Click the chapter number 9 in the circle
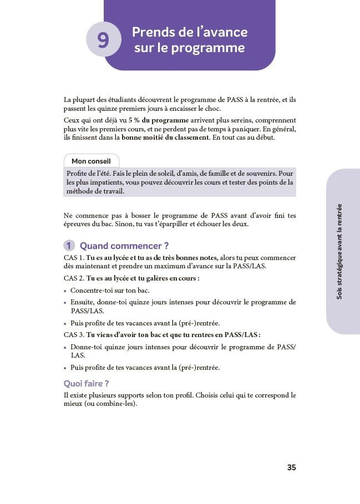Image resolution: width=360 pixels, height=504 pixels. [x=103, y=40]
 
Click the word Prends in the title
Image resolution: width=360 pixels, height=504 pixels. [x=151, y=32]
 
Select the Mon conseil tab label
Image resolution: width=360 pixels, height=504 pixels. [x=91, y=161]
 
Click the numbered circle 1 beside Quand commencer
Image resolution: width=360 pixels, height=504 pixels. [x=69, y=246]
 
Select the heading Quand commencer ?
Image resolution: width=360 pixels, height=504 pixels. [x=124, y=246]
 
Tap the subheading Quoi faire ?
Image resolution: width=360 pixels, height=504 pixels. [x=86, y=383]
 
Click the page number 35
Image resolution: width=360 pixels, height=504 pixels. [x=291, y=467]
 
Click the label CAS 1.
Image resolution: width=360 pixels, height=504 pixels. [x=73, y=258]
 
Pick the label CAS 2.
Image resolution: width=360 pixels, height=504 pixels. [x=73, y=278]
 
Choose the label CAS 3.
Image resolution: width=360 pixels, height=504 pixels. [x=73, y=334]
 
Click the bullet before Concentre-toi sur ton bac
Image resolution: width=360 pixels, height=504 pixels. [x=65, y=291]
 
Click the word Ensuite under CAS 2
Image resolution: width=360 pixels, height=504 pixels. [x=83, y=302]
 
